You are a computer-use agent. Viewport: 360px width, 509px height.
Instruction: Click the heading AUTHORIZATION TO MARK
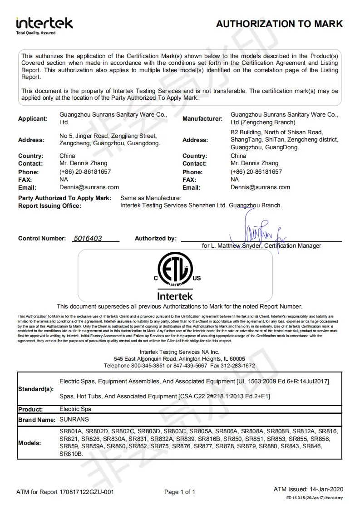coord(279,24)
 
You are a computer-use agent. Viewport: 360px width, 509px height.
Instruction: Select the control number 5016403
coord(88,239)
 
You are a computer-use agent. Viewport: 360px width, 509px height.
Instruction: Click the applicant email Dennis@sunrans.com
coord(89,187)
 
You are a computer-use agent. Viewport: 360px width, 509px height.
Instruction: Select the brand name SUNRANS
coord(74,420)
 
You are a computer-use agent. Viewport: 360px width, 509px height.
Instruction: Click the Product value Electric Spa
coord(75,409)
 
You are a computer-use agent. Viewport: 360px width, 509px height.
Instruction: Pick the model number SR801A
coord(70,431)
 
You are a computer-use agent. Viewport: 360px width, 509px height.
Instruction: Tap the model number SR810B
coord(71,454)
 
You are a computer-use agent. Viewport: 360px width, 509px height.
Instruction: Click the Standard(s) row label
coord(36,389)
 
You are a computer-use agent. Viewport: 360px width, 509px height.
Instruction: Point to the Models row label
coord(30,443)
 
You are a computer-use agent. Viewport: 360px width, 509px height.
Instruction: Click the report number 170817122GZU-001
coord(87,492)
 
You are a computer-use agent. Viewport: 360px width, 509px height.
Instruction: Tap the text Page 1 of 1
coord(180,492)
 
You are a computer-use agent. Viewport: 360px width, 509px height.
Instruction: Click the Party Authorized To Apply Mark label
coord(64,198)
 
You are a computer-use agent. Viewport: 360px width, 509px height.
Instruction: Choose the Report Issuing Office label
coord(49,206)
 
